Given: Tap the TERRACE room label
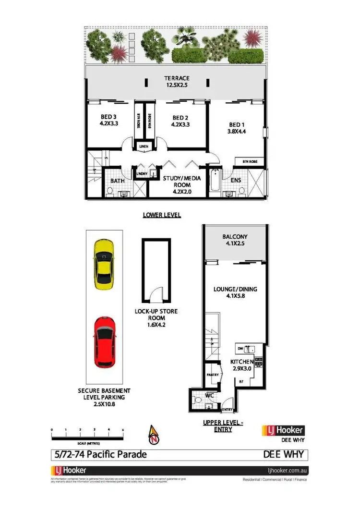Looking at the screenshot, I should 177,78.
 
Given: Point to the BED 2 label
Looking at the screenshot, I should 180,118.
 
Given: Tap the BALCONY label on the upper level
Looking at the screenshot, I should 235,237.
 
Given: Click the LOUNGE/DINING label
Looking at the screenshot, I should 235,289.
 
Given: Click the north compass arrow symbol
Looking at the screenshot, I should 153,434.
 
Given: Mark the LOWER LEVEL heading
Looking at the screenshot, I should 161,215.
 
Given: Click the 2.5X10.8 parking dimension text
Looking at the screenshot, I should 104,404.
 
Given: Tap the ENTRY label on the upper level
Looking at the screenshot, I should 228,410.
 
